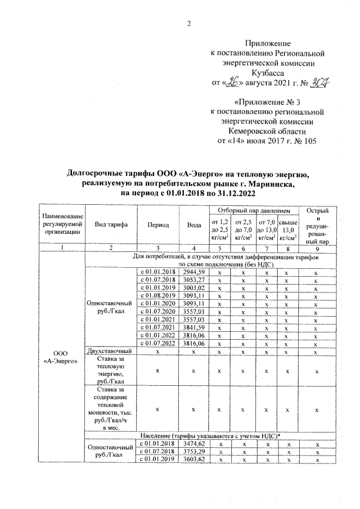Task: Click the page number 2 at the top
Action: click(x=189, y=23)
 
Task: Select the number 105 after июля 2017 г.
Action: click(x=309, y=141)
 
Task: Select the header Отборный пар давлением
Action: click(x=253, y=210)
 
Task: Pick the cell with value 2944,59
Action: click(x=192, y=272)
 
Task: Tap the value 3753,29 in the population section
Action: click(x=192, y=451)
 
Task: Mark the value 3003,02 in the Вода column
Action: click(x=192, y=287)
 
